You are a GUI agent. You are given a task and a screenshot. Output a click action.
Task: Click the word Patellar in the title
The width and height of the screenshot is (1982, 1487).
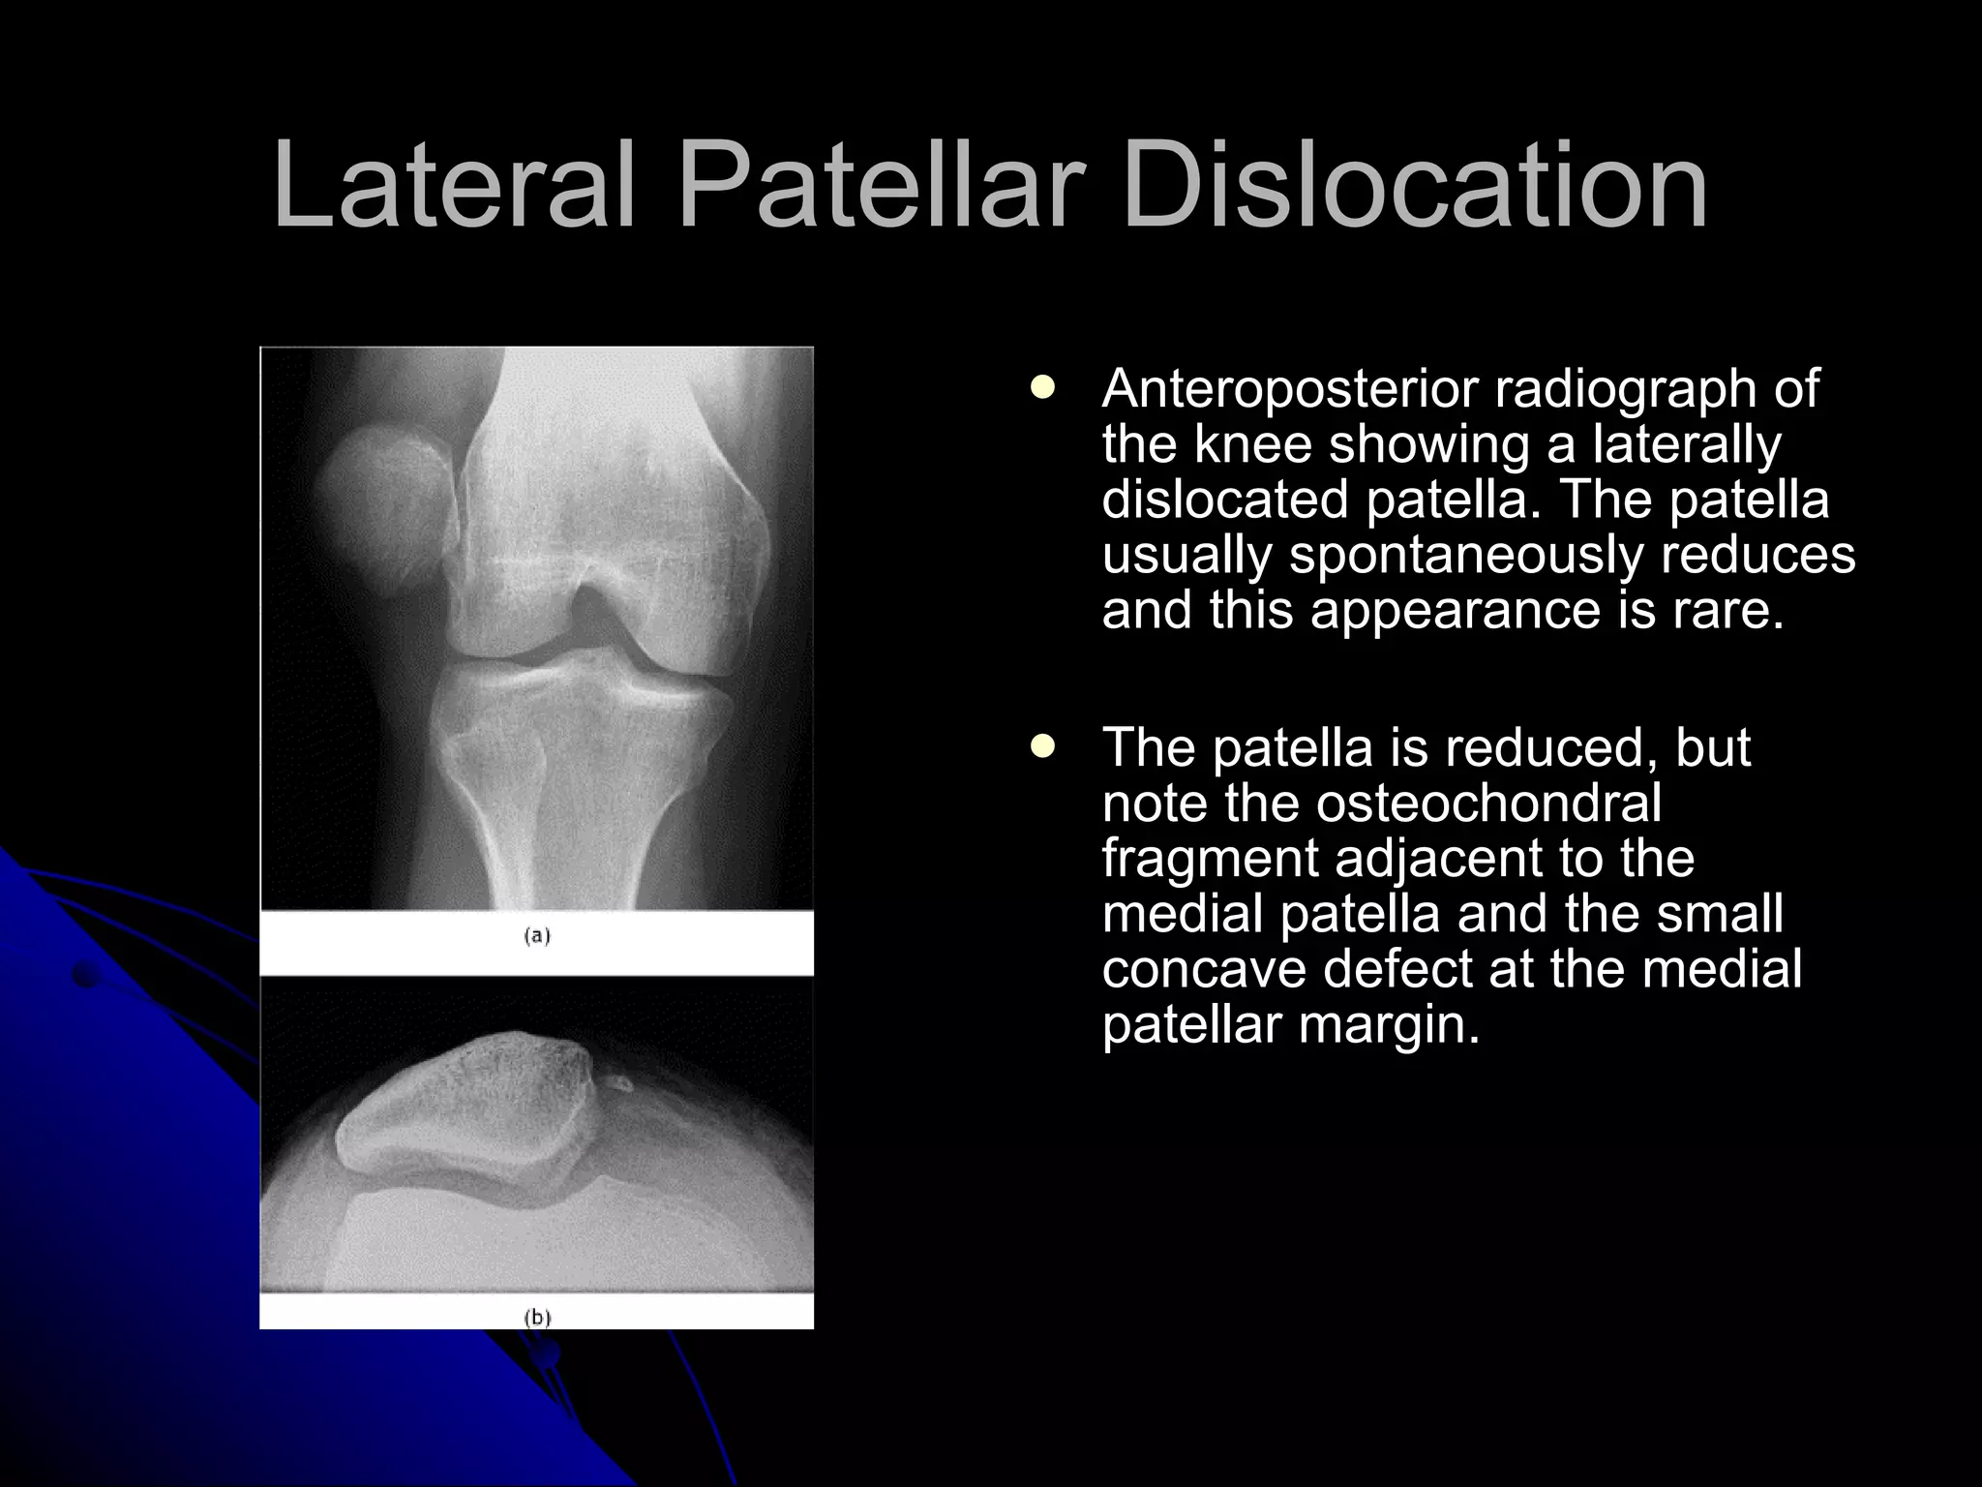878,186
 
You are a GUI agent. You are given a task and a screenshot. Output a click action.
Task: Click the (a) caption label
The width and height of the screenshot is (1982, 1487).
537,936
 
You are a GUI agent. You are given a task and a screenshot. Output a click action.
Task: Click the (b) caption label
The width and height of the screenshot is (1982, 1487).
537,1317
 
